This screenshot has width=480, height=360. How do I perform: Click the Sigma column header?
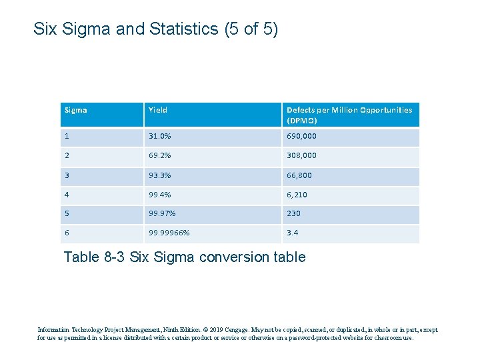[x=75, y=110]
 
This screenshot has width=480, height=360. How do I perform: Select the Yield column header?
[x=158, y=110]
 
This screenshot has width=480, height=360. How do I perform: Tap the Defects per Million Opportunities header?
[x=349, y=115]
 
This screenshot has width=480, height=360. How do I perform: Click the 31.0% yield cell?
[x=159, y=136]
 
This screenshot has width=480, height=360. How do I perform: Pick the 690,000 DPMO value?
[x=301, y=136]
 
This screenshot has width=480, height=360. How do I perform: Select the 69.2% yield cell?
[x=159, y=155]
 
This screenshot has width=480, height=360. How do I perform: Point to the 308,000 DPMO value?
[x=301, y=155]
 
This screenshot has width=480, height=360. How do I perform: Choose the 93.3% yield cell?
[x=159, y=175]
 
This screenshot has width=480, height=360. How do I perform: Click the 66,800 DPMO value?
[x=299, y=175]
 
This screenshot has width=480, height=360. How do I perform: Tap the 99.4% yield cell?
[x=159, y=195]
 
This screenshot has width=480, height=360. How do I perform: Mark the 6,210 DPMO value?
[x=297, y=195]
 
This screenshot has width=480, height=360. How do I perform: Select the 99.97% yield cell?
[x=161, y=214]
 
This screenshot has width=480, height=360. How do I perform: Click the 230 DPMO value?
[x=293, y=214]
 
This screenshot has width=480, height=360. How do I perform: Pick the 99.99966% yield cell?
[x=169, y=233]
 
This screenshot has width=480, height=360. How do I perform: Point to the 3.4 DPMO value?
[x=292, y=233]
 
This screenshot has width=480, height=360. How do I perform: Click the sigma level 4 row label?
[x=66, y=195]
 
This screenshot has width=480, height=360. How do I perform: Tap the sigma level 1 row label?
[x=66, y=136]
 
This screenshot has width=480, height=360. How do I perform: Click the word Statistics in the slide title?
[x=183, y=29]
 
